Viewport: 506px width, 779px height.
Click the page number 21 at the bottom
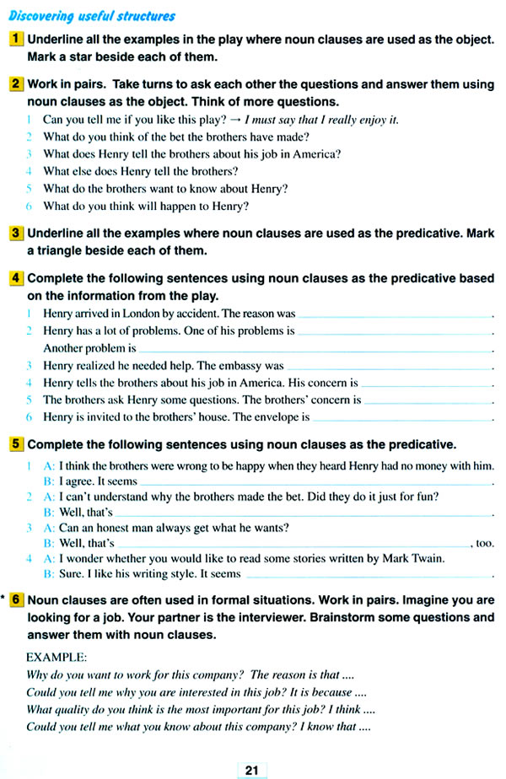[x=251, y=770]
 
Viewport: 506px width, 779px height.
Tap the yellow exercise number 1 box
[x=17, y=39]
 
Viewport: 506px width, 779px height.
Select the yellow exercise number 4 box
[x=17, y=278]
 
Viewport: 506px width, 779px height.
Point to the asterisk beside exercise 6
[x=4, y=600]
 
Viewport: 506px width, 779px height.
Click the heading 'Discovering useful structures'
[x=91, y=16]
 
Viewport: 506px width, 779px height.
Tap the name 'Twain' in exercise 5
[x=427, y=557]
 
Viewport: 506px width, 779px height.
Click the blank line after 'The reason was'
[x=394, y=314]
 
